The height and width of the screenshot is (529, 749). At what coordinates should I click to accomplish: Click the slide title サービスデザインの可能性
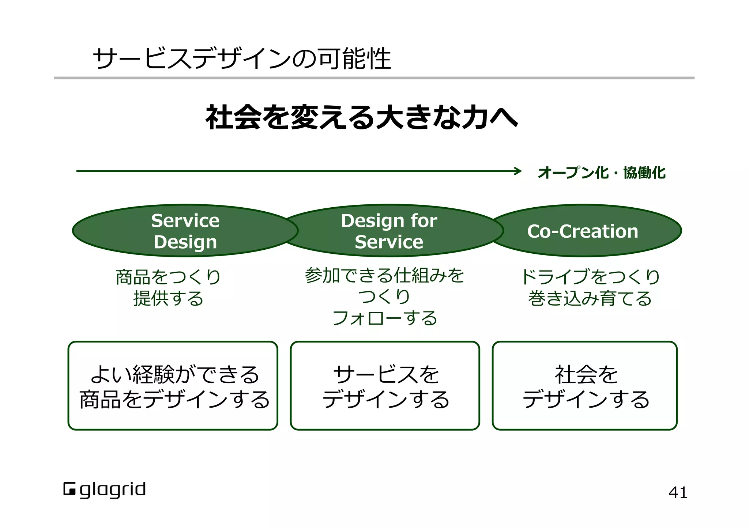[x=242, y=59]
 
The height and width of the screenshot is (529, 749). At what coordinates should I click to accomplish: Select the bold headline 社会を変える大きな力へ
[x=361, y=117]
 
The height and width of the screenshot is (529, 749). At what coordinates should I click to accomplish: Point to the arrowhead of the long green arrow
[x=518, y=171]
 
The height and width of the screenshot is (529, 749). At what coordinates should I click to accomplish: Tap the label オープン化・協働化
[x=602, y=173]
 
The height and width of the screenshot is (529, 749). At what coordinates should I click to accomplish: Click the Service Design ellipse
[x=185, y=231]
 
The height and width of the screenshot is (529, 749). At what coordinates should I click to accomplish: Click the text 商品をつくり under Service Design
[x=168, y=277]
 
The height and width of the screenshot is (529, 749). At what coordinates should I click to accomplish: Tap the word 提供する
[x=168, y=298]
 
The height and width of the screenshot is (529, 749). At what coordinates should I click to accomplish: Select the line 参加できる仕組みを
[x=384, y=275]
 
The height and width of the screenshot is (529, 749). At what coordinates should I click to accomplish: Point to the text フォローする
[x=384, y=318]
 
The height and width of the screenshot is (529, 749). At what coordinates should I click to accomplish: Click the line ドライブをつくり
[x=590, y=277]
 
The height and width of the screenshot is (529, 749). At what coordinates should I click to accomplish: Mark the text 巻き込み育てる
[x=590, y=298]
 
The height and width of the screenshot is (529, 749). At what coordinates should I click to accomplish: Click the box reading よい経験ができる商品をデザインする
[x=173, y=386]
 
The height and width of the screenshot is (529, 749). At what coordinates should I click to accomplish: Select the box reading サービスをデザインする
[x=385, y=386]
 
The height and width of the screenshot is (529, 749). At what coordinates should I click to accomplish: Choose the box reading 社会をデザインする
[x=584, y=386]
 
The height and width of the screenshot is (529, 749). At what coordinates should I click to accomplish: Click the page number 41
[x=678, y=493]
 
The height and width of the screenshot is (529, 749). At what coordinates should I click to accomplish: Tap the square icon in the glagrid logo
[x=69, y=489]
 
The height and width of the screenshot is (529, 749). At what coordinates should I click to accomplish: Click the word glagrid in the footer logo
[x=113, y=490]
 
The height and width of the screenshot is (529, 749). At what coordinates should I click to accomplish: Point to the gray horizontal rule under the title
[x=374, y=78]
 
